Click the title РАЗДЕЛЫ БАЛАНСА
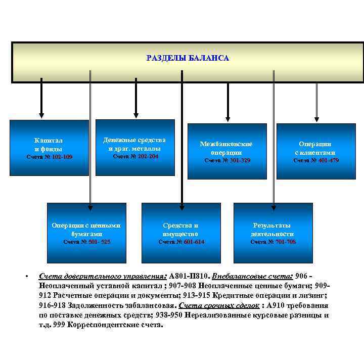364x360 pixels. (x=188, y=58)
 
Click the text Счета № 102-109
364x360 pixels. (x=49, y=157)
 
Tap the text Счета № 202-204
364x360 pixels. (x=134, y=156)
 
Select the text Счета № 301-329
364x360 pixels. (x=226, y=160)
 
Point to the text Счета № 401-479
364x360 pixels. (x=316, y=160)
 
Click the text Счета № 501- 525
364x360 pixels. (x=86, y=242)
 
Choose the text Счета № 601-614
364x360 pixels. (x=180, y=242)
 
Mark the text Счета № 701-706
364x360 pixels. (x=273, y=242)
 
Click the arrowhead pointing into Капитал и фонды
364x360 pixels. (x=41, y=115)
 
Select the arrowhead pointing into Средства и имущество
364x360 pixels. (x=181, y=205)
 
